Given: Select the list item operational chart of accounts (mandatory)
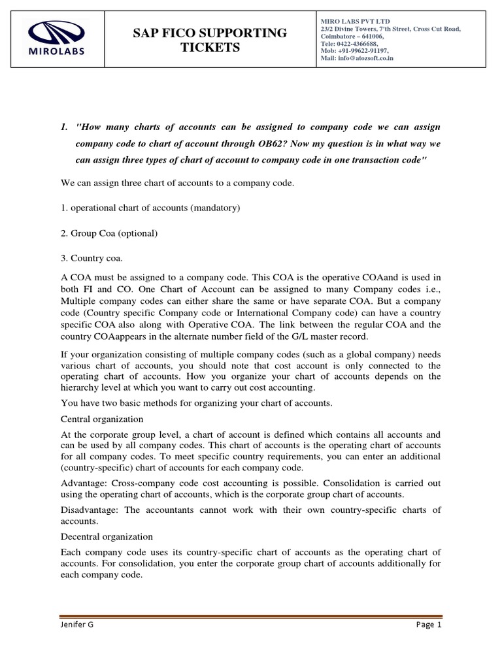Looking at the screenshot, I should [151, 208].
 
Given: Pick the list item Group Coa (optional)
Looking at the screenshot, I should [110, 233].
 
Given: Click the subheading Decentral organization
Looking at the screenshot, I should [107, 536].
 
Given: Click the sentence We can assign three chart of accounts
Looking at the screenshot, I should [177, 183].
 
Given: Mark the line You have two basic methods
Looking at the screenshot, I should [197, 403].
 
